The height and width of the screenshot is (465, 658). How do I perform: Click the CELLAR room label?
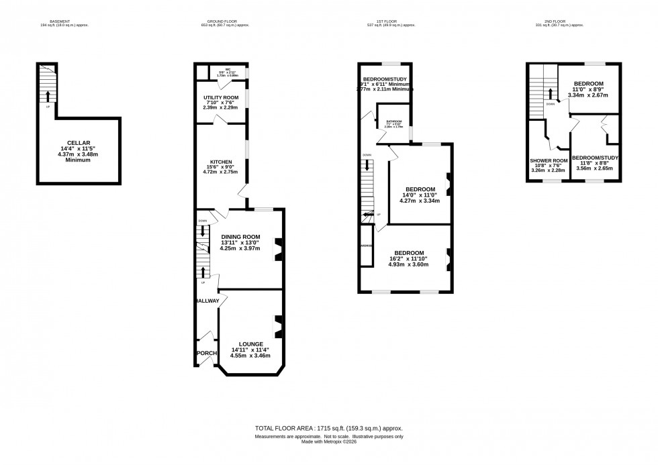pos(79,142)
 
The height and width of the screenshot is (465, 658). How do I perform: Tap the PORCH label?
pos(206,353)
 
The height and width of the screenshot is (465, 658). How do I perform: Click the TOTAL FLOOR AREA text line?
pos(329,427)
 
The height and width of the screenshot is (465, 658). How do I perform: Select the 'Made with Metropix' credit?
pos(329,441)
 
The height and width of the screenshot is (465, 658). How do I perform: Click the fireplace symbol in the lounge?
pos(276,327)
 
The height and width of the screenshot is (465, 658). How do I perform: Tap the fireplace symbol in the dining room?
pos(276,249)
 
